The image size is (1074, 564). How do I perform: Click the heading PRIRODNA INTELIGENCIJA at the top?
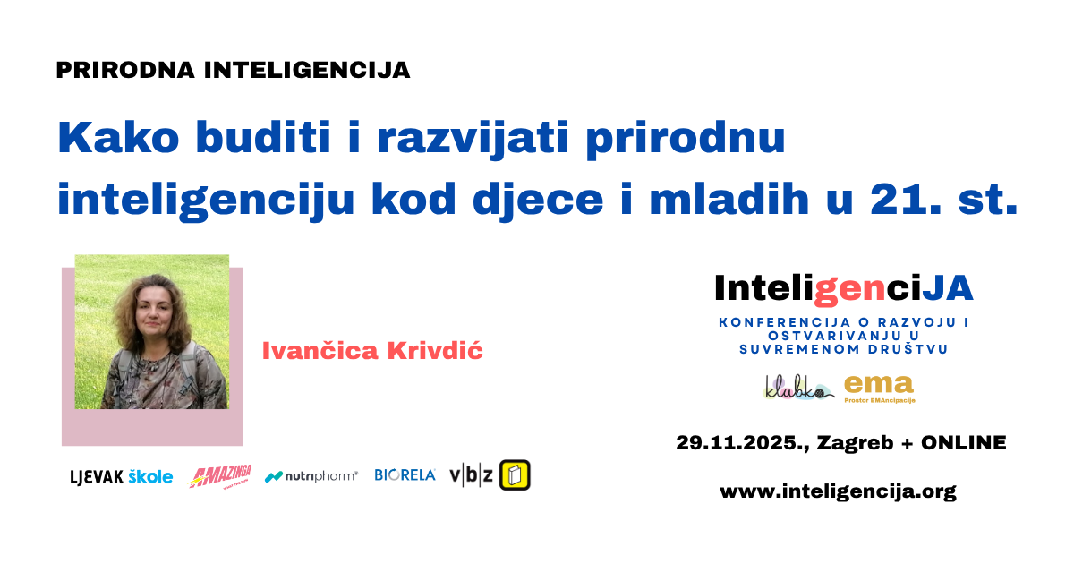pos(233,70)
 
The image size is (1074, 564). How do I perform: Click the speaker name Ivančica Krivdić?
pos(372,351)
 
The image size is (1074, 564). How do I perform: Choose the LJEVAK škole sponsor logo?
pos(122,476)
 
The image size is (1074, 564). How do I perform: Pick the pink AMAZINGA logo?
pos(220,475)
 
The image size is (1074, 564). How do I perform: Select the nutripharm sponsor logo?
pos(311,476)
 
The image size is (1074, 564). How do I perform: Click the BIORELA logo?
pos(405,475)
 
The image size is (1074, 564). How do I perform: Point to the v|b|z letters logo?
pos(471,475)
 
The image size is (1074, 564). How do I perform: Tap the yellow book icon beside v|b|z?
pos(515,475)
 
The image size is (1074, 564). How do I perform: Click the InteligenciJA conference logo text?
pos(843,287)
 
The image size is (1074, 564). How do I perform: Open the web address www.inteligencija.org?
pos(838,491)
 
